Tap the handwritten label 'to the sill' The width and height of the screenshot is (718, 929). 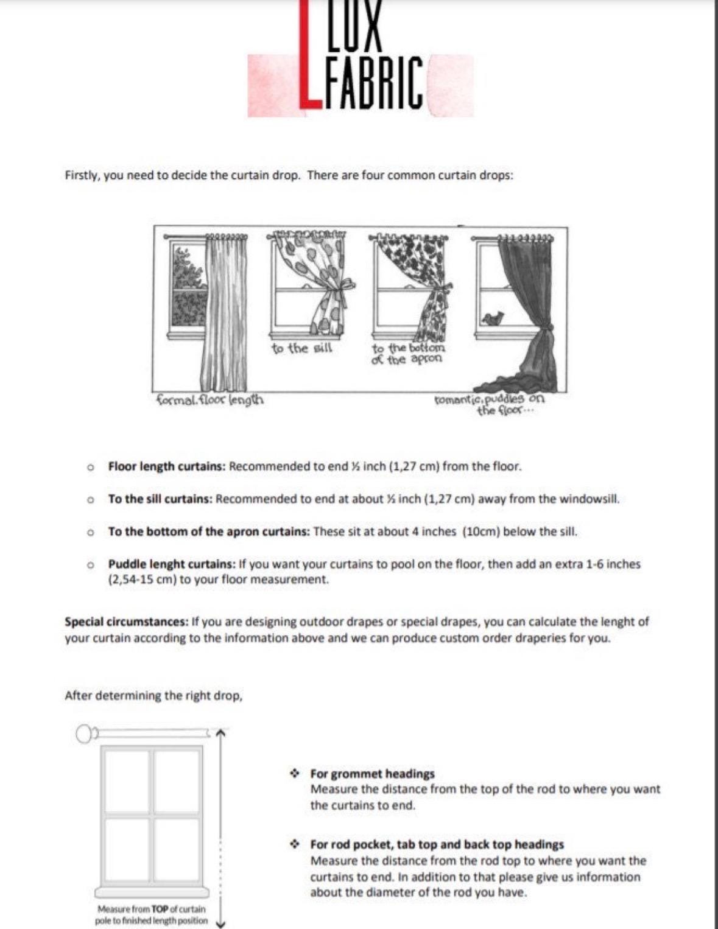302,348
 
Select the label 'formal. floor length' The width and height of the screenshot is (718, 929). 210,400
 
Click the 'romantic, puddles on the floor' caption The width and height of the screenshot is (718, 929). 490,405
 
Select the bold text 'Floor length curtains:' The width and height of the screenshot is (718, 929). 167,466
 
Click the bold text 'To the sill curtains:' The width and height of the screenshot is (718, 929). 160,499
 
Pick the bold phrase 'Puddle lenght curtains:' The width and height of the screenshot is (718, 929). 172,564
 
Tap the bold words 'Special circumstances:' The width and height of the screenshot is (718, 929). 127,622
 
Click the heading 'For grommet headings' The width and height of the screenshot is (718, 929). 372,774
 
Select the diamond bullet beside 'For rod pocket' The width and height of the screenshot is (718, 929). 294,844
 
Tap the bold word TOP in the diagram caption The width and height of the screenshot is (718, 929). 160,909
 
